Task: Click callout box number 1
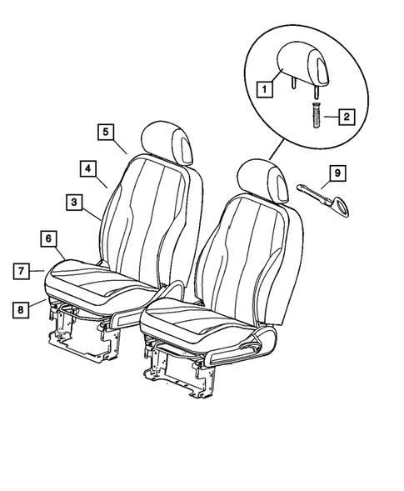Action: coord(262,87)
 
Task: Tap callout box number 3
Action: coord(74,202)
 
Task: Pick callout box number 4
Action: coord(87,168)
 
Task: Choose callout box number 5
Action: coord(104,131)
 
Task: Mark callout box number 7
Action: coord(22,270)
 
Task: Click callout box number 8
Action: coord(22,308)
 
